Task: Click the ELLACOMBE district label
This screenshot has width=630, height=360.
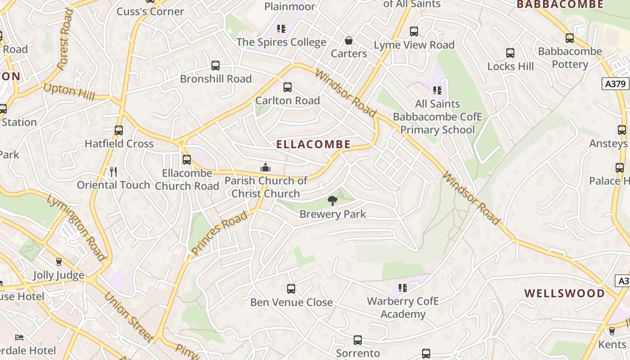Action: coord(313,144)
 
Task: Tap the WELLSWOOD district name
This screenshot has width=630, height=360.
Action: coord(564,293)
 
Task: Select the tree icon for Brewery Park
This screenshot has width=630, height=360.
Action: coord(333,201)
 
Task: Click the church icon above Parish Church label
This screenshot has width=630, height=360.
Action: coord(265,168)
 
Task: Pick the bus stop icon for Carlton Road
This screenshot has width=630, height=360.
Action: coord(288,87)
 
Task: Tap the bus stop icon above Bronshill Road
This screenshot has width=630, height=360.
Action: coord(216,66)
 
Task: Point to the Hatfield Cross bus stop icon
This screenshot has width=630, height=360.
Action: coord(119,130)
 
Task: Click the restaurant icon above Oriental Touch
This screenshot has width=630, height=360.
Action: coord(113,171)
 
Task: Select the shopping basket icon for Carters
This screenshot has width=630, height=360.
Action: coord(349,40)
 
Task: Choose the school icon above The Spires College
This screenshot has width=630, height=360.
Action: coord(281,29)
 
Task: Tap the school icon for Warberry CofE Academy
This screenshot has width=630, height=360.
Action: coord(403,288)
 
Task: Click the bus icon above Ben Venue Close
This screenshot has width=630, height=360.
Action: coord(291,289)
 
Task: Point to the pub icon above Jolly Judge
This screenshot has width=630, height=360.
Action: coord(58,262)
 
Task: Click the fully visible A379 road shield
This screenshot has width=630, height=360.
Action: coord(615,84)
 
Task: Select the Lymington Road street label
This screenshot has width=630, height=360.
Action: coord(76,227)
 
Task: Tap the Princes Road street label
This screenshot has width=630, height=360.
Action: coord(219,233)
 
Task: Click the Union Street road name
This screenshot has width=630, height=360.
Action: coord(129,317)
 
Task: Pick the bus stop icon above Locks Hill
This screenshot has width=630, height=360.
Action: coord(510,53)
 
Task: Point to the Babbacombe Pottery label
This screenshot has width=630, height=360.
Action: coord(570,58)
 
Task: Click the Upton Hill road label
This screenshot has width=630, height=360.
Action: coord(69,92)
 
